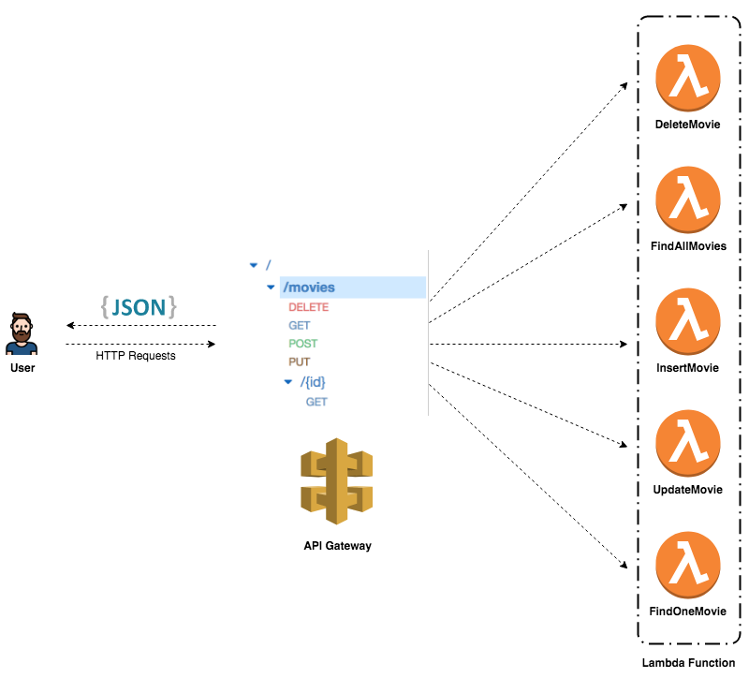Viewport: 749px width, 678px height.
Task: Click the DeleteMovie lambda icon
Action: (688, 79)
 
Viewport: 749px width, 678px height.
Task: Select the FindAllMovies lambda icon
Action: (688, 199)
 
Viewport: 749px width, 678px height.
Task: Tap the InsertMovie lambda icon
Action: (688, 321)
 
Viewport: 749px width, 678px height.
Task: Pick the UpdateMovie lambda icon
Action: (688, 443)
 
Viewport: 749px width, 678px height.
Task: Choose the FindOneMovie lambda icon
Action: (688, 565)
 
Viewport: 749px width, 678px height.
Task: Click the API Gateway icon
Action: (337, 481)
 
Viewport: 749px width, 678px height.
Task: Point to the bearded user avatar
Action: (22, 334)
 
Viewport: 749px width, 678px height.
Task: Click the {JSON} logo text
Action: (139, 307)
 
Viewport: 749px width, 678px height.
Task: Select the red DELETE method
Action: (309, 307)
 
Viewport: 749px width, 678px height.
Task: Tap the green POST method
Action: (302, 344)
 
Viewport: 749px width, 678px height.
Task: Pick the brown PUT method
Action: (299, 362)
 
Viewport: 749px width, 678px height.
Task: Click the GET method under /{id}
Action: (316, 402)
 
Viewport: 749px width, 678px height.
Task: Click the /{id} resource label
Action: (313, 382)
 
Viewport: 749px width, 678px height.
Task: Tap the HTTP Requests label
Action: (136, 356)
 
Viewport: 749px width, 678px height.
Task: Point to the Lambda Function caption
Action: (688, 663)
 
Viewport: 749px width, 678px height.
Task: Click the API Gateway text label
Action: (338, 546)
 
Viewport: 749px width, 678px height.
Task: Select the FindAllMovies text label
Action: (688, 246)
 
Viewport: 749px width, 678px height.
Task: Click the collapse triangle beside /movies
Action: (271, 287)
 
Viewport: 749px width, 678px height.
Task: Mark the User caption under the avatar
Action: (22, 368)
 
